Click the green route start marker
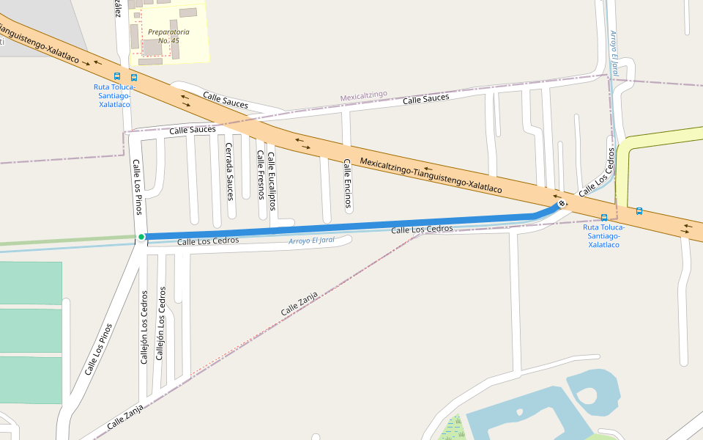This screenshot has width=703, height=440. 141,236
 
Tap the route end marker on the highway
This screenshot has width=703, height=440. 562,204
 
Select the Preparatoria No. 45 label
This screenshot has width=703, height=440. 168,36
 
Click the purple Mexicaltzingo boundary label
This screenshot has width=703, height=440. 363,97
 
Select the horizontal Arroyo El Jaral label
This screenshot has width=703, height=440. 316,241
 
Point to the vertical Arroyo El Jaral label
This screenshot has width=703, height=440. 615,53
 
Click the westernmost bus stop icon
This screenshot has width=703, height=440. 117,76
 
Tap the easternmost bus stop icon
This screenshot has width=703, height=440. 639,211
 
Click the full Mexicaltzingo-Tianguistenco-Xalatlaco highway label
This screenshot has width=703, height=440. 431,177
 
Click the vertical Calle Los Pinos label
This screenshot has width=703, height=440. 137,187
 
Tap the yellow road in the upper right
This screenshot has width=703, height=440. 659,139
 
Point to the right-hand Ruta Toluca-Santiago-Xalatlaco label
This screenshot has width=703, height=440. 604,235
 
